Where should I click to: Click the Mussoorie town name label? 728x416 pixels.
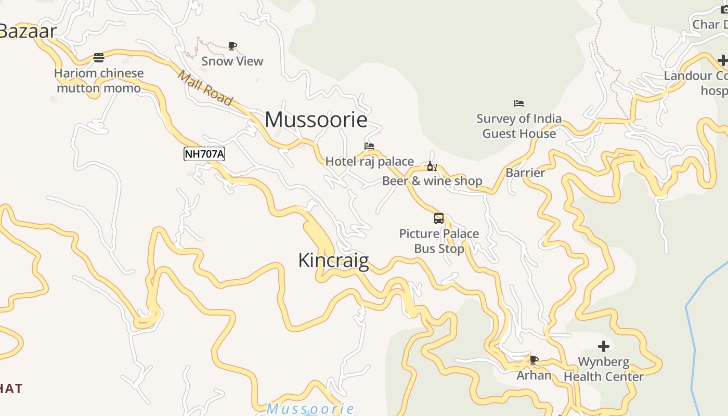pyautogui.click(x=316, y=120)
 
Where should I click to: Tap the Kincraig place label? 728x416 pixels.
pyautogui.click(x=333, y=260)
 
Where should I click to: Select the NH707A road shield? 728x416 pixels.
pyautogui.click(x=204, y=154)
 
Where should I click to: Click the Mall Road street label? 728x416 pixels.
pyautogui.click(x=205, y=87)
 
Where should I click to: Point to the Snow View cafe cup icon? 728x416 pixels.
pyautogui.click(x=232, y=46)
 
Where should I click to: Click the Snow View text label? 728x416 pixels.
pyautogui.click(x=232, y=61)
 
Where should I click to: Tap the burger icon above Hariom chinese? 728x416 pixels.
pyautogui.click(x=99, y=57)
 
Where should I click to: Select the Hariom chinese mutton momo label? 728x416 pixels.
pyautogui.click(x=99, y=81)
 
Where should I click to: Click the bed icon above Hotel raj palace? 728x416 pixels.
pyautogui.click(x=369, y=147)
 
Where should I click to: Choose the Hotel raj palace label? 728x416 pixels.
pyautogui.click(x=370, y=161)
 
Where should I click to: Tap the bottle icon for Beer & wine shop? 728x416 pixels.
pyautogui.click(x=432, y=166)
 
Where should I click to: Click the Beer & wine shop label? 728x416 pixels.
pyautogui.click(x=432, y=181)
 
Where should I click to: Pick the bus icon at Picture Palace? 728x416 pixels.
pyautogui.click(x=439, y=218)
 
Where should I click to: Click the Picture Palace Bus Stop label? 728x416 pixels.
pyautogui.click(x=439, y=241)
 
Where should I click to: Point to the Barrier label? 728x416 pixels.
pyautogui.click(x=525, y=173)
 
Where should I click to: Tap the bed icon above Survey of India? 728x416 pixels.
pyautogui.click(x=518, y=103)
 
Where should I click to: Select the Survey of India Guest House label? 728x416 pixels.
pyautogui.click(x=519, y=126)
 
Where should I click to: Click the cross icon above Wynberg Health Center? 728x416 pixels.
pyautogui.click(x=604, y=346)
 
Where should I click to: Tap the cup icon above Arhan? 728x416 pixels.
pyautogui.click(x=534, y=360)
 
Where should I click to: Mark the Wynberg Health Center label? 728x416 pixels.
pyautogui.click(x=604, y=369)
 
